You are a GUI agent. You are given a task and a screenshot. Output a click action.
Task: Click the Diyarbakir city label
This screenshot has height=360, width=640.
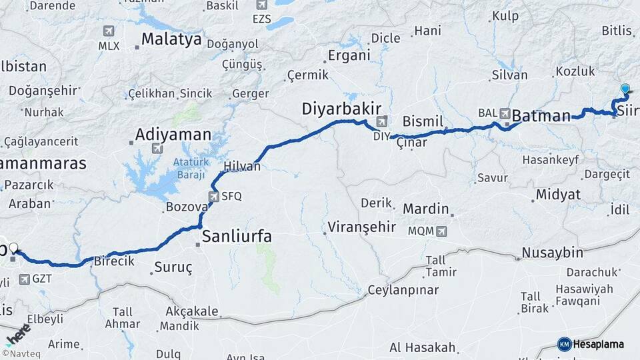[x=341, y=108]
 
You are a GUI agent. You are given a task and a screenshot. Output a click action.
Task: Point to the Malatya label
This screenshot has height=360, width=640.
[x=171, y=39]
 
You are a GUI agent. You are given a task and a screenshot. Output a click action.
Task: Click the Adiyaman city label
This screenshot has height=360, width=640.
[x=173, y=134]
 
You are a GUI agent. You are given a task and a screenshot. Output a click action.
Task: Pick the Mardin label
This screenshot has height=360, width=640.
[x=426, y=209]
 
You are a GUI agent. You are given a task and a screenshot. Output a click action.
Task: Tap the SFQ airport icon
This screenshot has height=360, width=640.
[x=213, y=196]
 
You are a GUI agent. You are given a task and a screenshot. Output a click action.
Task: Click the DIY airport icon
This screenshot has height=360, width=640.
[x=382, y=121]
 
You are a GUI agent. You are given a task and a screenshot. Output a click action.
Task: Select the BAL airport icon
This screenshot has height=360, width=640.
[x=504, y=113]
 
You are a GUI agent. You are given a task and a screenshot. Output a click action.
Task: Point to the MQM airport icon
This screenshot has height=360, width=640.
[x=441, y=231]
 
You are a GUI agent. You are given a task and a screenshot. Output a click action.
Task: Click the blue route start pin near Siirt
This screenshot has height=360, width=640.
[x=625, y=89]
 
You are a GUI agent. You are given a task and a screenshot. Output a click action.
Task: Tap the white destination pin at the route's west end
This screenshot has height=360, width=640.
[x=13, y=248]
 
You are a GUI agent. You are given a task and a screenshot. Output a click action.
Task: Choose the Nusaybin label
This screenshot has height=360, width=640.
[x=553, y=253]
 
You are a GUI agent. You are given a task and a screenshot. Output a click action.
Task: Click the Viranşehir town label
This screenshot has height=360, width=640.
[x=362, y=227]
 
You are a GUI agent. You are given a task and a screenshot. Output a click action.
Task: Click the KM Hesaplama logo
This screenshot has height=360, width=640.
[x=591, y=344]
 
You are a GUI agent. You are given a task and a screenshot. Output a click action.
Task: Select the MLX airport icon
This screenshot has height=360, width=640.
[x=109, y=31]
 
